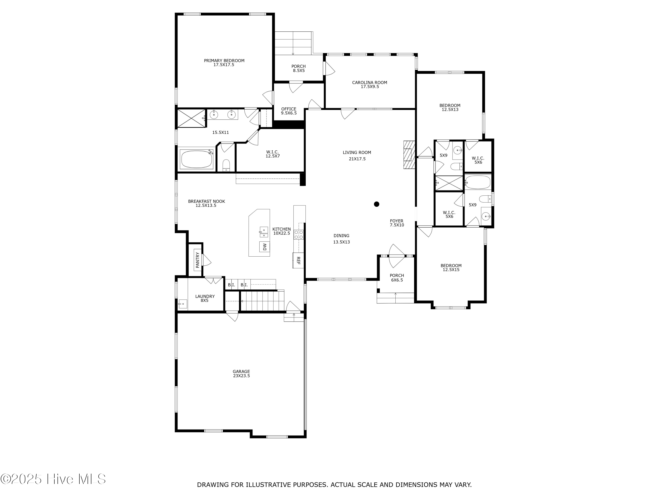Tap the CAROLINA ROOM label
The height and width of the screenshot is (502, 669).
tap(370, 83)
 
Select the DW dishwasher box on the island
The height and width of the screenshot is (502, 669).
tap(265, 247)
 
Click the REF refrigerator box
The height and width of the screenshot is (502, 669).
tap(298, 260)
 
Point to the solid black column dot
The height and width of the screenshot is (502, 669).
tap(377, 204)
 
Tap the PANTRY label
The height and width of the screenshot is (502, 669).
tap(198, 260)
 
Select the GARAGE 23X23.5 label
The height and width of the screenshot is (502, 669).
tap(241, 374)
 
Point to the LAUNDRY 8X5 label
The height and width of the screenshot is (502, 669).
tap(205, 298)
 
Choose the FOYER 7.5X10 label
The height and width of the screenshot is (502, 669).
tap(397, 223)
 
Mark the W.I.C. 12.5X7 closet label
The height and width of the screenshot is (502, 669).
tap(273, 154)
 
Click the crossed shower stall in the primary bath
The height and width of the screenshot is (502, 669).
tap(191, 118)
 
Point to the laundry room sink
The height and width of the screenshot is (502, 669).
tap(183, 303)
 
